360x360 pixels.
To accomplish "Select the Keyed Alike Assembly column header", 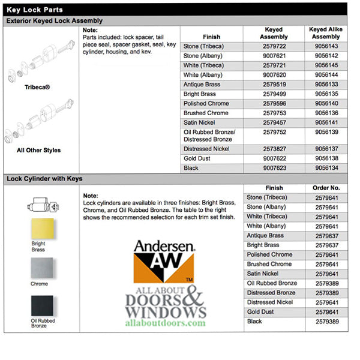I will [325, 32].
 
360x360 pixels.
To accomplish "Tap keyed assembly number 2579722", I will [274, 46].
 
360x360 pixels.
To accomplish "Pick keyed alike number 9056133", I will [325, 85].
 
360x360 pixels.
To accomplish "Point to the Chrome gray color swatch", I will [41, 268].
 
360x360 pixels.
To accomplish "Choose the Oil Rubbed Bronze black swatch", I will [41, 306].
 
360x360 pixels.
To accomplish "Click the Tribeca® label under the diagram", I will [38, 87].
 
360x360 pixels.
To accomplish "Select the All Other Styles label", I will [39, 150].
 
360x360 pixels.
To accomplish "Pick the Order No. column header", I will [326, 188].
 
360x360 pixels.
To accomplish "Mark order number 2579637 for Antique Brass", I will [326, 236].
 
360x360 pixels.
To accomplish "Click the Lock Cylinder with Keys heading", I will [44, 179].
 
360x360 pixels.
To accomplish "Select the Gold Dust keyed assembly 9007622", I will [274, 158].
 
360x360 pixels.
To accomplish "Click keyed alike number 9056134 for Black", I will [325, 168].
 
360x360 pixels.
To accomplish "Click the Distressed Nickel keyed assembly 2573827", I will [274, 149].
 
